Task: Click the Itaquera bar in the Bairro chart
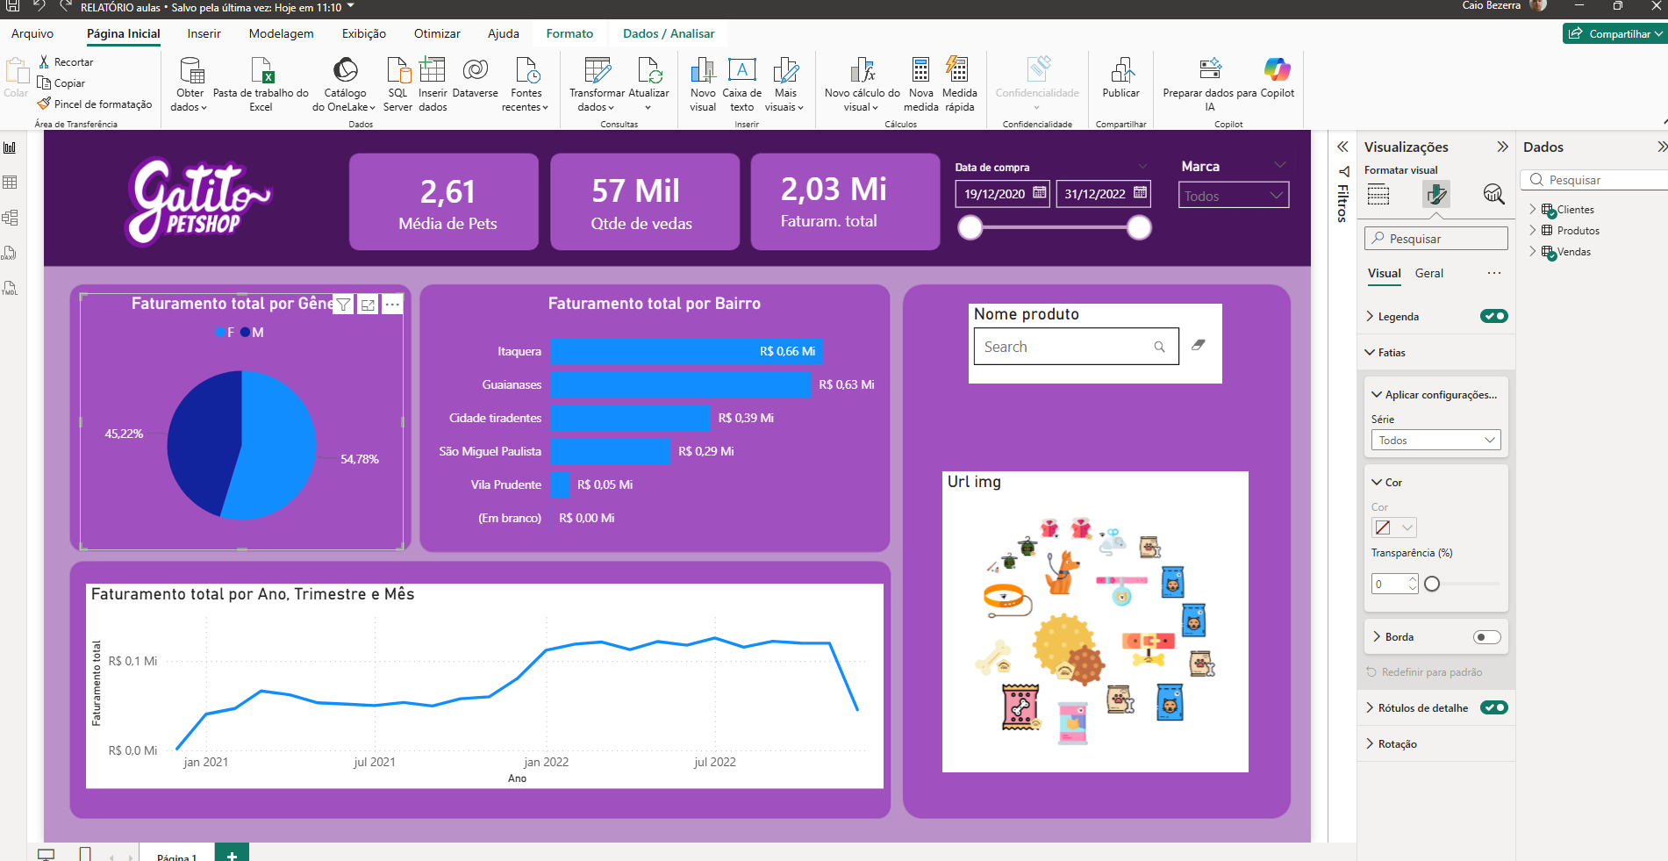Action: [684, 351]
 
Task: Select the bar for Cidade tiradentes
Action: [630, 418]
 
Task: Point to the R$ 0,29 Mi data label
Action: [705, 451]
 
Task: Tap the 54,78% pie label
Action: [360, 459]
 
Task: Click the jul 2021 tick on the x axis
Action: [375, 762]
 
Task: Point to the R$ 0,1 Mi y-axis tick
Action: [132, 661]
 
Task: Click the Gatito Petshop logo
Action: [198, 201]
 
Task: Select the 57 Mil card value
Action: [635, 190]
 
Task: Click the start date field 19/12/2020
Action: [995, 194]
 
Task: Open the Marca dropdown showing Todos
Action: [1233, 196]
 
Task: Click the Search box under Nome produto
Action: [1067, 347]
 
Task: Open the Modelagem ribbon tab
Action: [281, 33]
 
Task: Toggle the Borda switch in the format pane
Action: [1486, 637]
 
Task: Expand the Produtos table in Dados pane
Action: [1533, 230]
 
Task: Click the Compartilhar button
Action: [1613, 33]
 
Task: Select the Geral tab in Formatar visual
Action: [1428, 273]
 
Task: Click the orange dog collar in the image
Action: [1006, 598]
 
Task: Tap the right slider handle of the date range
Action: [1139, 228]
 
